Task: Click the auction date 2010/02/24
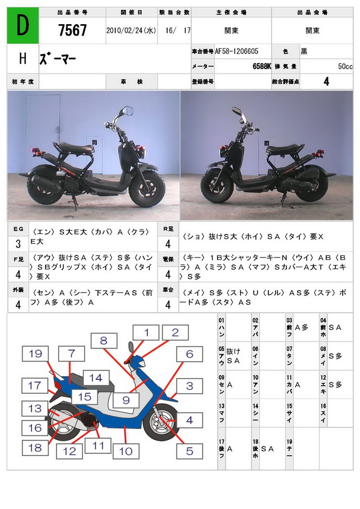131,31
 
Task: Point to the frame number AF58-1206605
237,51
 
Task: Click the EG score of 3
17,244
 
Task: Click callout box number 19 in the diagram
36,354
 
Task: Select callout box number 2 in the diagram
175,332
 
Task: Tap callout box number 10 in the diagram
125,451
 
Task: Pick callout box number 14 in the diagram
96,378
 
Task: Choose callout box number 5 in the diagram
190,450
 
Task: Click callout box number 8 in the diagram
103,340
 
